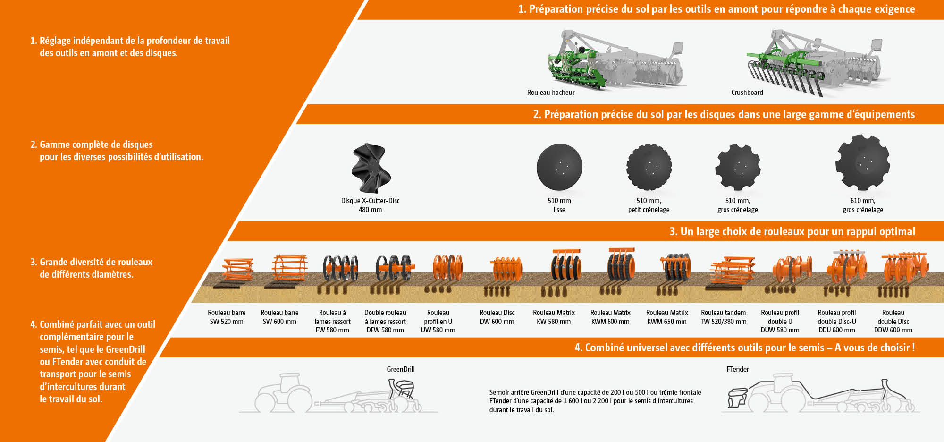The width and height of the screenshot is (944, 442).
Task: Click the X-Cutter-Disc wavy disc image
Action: [x=371, y=168]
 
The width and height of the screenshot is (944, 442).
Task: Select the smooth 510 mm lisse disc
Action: [x=559, y=167]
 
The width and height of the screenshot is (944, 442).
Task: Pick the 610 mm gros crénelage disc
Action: [x=862, y=162]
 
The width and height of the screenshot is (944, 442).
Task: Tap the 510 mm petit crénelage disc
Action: [x=649, y=167]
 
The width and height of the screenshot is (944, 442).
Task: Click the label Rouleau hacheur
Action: [x=551, y=93]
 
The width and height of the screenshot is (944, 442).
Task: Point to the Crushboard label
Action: [x=747, y=93]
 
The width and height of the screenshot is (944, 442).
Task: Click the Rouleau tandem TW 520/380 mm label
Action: [x=723, y=317]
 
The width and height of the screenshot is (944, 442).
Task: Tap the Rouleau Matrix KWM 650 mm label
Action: [x=666, y=317]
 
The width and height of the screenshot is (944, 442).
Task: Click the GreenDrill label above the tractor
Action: [x=401, y=369]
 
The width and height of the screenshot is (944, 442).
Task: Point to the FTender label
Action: [x=737, y=369]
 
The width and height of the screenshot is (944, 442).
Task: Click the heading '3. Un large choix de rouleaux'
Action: [x=792, y=231]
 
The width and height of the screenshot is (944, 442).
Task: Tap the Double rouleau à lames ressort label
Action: [x=385, y=321]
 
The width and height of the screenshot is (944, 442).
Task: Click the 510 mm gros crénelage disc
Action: [x=738, y=167]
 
